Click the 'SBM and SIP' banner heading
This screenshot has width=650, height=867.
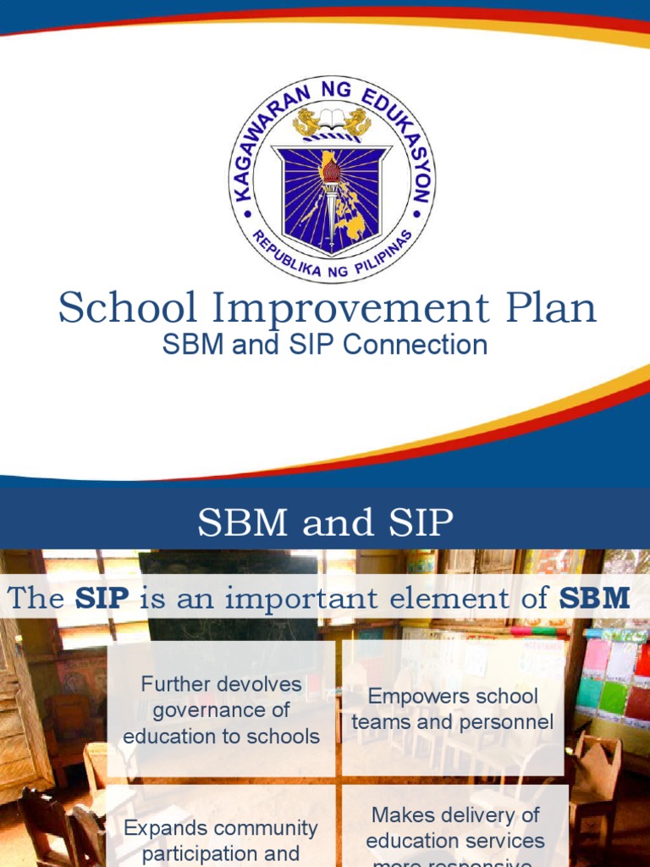click(x=325, y=523)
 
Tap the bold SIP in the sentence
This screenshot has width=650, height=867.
click(x=102, y=599)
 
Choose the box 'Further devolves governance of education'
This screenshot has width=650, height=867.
click(x=222, y=710)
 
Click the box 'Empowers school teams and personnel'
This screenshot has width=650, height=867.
click(x=453, y=710)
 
